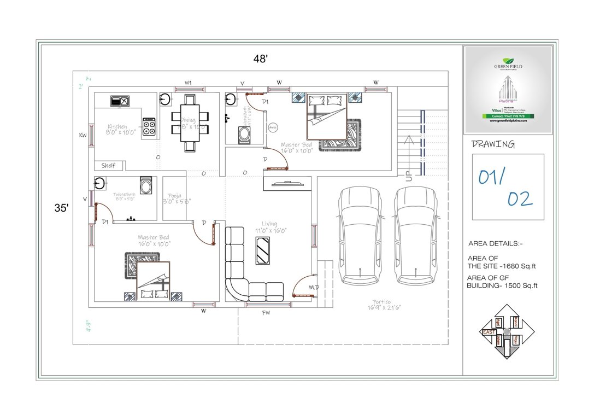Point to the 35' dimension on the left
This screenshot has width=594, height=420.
coord(61,208)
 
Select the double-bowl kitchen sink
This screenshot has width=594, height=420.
coord(120,101)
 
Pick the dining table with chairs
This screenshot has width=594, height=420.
coord(190,122)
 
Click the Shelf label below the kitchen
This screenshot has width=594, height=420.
coord(108,165)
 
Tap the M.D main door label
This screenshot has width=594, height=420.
coord(314,287)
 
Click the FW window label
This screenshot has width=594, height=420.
coord(267,313)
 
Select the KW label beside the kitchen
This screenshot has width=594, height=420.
coord(83,135)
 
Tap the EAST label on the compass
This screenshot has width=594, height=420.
coord(488,332)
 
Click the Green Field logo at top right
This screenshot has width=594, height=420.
coord(508,62)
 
